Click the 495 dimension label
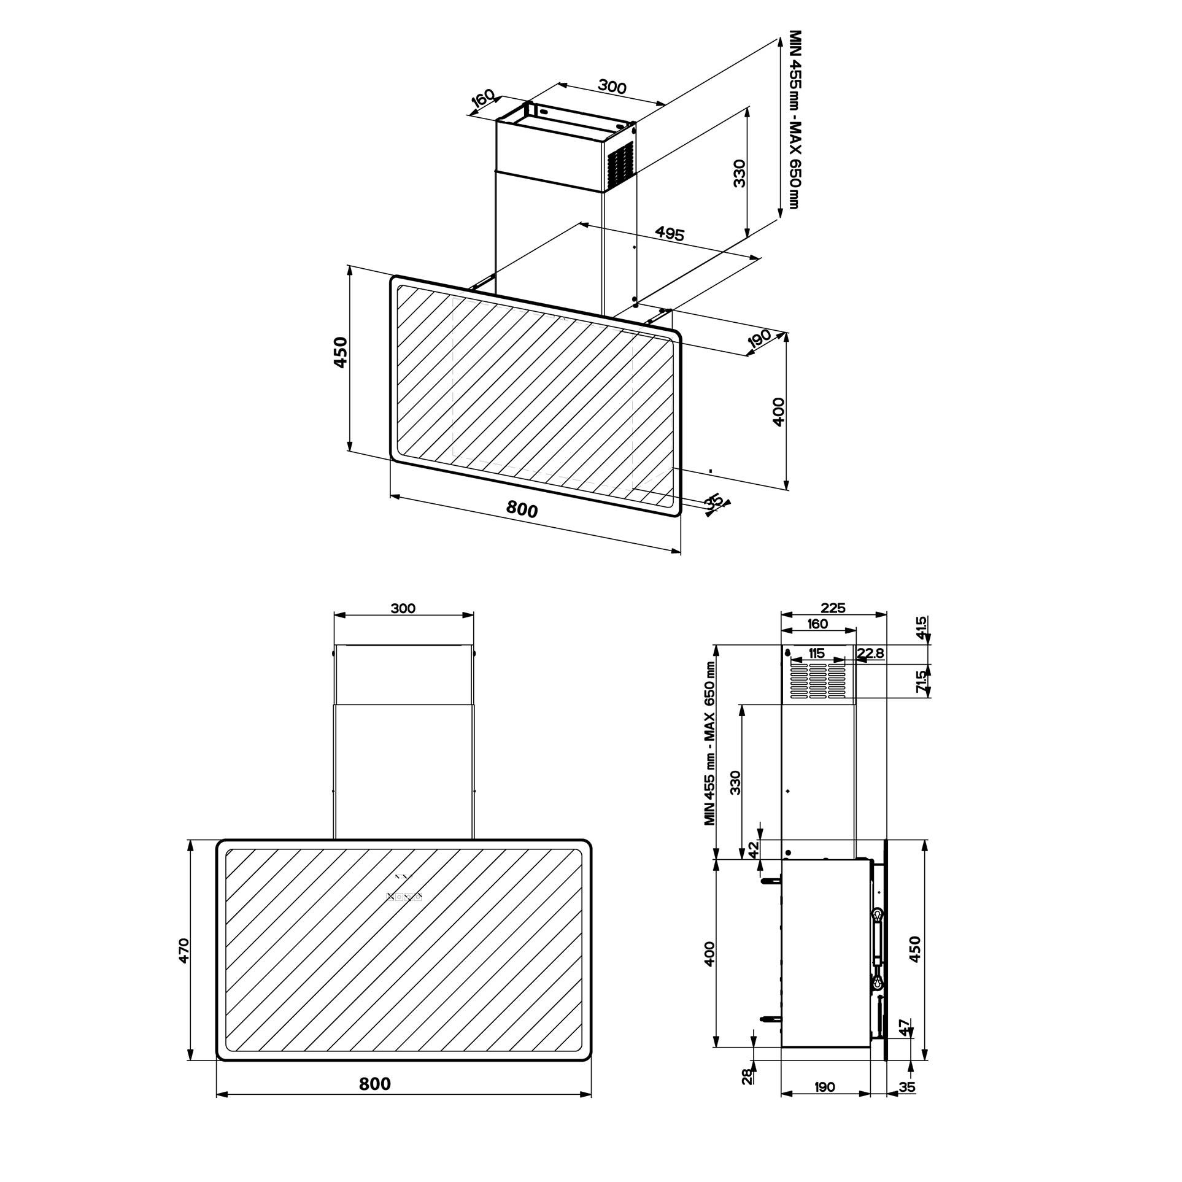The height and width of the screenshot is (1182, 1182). (x=670, y=233)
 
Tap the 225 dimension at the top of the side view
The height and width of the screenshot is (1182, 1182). (x=833, y=608)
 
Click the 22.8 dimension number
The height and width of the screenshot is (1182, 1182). (x=870, y=653)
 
